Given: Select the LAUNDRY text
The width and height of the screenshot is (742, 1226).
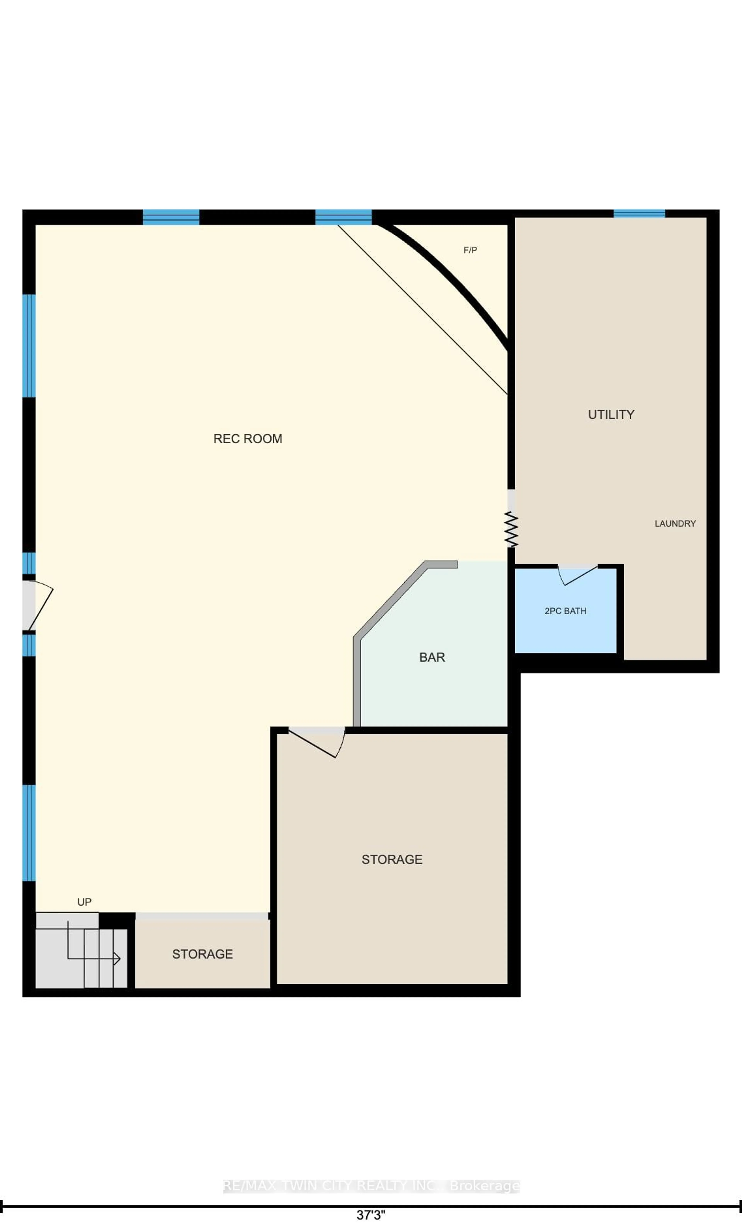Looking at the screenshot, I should point(675,523).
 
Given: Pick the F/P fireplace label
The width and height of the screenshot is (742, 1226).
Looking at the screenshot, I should point(470,250).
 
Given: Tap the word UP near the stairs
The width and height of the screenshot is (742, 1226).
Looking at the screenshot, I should point(84,902).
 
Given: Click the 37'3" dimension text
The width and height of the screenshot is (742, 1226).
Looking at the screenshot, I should point(371,1215).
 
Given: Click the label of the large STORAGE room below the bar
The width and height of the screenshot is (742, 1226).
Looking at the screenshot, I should point(392,859).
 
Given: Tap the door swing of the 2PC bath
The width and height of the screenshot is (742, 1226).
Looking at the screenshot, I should point(577,575).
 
